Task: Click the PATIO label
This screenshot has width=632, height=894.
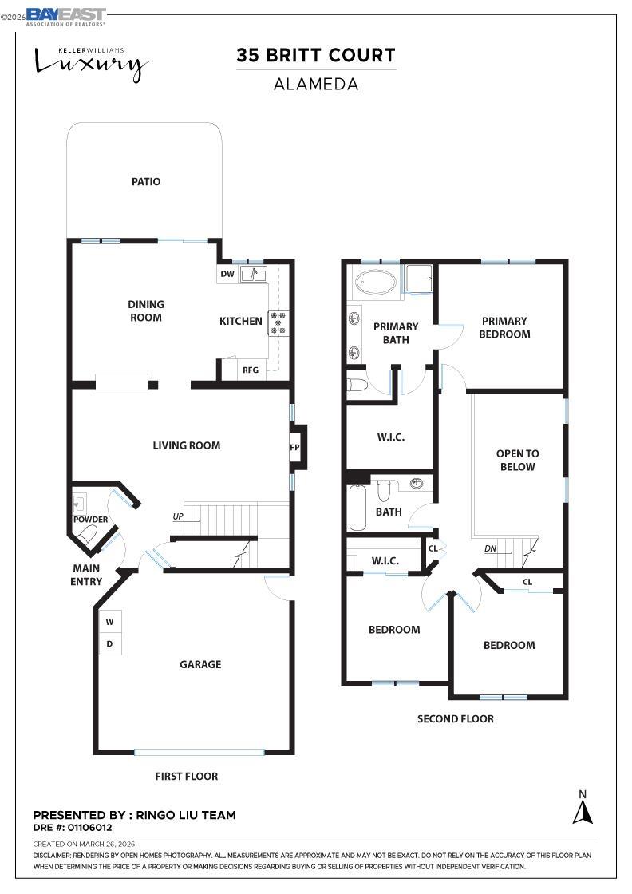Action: coord(146,182)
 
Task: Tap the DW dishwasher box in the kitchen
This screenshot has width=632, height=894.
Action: coord(227,274)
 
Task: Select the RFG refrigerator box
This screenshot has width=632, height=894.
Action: coord(251,370)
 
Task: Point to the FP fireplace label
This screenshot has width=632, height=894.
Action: coord(294,447)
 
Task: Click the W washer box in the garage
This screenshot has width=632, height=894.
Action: coord(109,622)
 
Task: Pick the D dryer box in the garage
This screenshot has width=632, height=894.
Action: coord(109,643)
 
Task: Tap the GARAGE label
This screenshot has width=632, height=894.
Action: coord(200,664)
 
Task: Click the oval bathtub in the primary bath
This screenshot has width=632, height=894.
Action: coord(375,283)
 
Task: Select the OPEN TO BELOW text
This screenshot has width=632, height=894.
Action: coord(517,460)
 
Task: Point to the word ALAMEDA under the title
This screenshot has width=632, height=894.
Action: coord(316,84)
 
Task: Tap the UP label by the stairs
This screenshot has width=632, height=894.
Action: coord(178,516)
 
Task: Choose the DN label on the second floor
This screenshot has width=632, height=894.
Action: coord(492,549)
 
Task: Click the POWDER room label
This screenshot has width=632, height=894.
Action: coord(91,520)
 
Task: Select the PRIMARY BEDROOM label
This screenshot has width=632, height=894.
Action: coord(504,327)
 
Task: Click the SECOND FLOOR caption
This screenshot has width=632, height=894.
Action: coord(456,718)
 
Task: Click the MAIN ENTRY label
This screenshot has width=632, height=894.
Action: coord(86,575)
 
